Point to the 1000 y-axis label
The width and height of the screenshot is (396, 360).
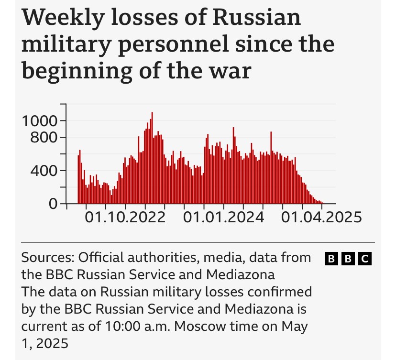pos(41,120)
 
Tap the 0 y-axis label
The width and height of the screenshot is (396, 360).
pos(53,204)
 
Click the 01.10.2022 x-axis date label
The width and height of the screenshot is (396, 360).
pos(125,218)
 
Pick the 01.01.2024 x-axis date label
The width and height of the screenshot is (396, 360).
pos(224,218)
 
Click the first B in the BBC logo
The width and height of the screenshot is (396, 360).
pos(331,259)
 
